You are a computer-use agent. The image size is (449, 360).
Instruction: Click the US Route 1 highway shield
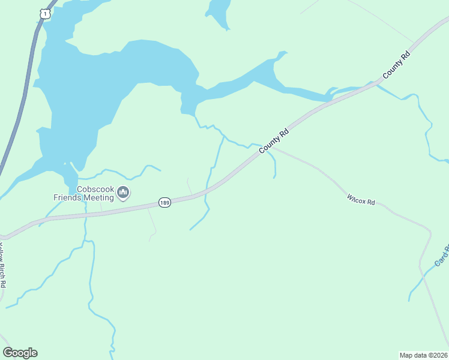[x=45, y=13]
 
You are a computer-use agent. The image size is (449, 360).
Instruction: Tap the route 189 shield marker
[x=165, y=203]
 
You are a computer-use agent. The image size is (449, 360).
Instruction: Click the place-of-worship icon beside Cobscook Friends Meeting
[x=124, y=192]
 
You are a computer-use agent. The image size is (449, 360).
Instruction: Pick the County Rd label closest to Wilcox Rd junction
[x=275, y=139]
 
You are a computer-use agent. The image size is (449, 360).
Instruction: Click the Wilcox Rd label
[x=361, y=199]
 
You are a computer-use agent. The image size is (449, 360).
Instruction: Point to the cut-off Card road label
[x=442, y=255]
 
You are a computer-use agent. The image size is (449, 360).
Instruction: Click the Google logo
[x=20, y=353]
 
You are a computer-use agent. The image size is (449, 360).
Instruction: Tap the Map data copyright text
[x=423, y=355]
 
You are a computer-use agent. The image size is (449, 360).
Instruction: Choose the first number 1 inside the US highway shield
[x=45, y=13]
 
